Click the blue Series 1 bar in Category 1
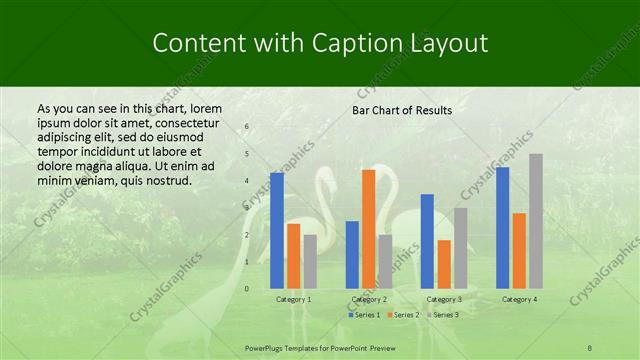click(x=277, y=231)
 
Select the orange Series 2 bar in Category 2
click(x=368, y=229)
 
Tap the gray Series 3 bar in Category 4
click(x=536, y=221)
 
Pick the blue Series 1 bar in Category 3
click(x=427, y=241)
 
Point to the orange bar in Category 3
click(x=444, y=264)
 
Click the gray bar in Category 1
click(x=310, y=261)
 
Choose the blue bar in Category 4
click(x=503, y=227)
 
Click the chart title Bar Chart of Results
click(x=402, y=110)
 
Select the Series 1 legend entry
click(x=363, y=315)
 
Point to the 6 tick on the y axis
click(x=246, y=127)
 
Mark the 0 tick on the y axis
click(x=246, y=289)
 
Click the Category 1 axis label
click(x=293, y=299)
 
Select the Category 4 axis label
click(x=519, y=299)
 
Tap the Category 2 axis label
click(x=369, y=299)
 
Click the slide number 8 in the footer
click(x=590, y=346)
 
